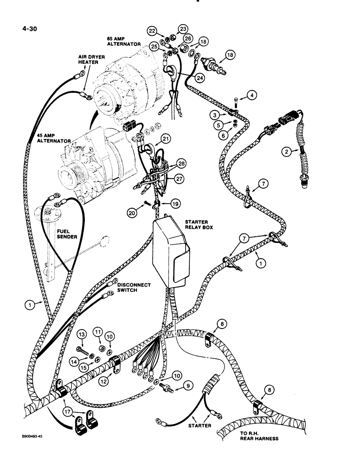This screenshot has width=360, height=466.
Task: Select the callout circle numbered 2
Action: (x=287, y=151)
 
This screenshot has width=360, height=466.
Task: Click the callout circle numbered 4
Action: (x=252, y=96)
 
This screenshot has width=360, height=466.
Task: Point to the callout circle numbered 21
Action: (x=166, y=138)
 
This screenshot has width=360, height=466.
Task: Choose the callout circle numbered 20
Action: (x=132, y=212)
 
